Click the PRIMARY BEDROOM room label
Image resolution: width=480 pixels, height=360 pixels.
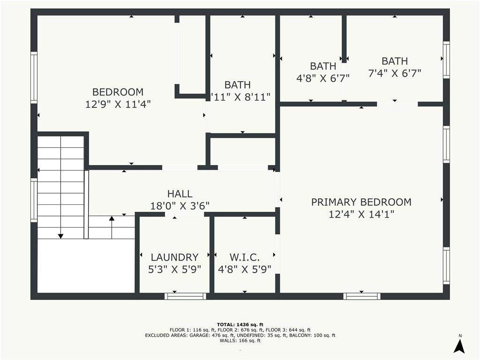click(361, 202)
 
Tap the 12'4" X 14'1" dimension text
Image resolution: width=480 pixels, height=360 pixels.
click(361, 214)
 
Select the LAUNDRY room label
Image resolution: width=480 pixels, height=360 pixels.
click(174, 257)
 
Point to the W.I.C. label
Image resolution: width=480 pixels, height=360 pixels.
click(244, 257)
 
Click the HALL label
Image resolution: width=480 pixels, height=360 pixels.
click(180, 194)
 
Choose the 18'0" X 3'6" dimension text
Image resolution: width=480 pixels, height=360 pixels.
click(180, 206)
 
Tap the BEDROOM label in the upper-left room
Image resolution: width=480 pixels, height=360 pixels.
click(118, 92)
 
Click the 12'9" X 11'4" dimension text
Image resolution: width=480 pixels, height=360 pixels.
click(118, 104)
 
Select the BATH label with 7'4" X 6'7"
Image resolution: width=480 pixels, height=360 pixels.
click(394, 61)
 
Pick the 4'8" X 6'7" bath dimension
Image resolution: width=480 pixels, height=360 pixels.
click(323, 78)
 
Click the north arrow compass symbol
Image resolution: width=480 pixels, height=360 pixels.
click(460, 345)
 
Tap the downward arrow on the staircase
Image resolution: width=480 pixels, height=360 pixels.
click(60, 236)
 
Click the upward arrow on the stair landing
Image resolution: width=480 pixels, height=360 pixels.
click(112, 218)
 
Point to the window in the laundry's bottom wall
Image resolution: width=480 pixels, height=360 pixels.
click(185, 296)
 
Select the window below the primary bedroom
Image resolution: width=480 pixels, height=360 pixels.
click(361, 296)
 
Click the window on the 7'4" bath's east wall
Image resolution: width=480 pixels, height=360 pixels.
click(446, 60)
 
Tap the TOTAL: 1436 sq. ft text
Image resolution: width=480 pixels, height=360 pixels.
click(240, 324)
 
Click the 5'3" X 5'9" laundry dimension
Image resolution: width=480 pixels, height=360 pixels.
click(174, 270)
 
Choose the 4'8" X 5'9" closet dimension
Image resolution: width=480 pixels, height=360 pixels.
click(244, 270)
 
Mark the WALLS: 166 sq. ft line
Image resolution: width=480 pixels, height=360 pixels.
click(240, 341)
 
